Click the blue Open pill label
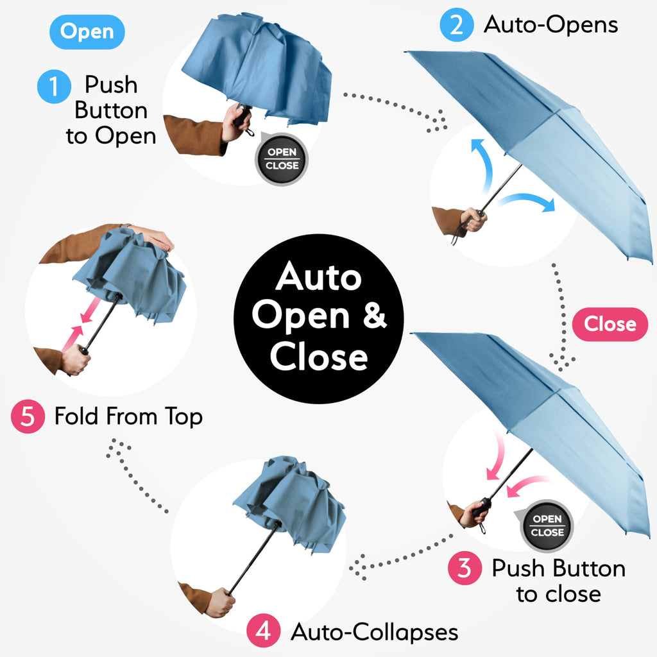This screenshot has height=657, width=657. [x=87, y=31]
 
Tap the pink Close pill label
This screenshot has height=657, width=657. [x=610, y=324]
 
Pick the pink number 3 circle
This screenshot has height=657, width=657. [x=465, y=568]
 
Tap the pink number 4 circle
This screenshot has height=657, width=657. [x=263, y=631]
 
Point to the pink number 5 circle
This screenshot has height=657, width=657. [x=28, y=416]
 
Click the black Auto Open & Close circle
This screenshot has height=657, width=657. [x=319, y=319]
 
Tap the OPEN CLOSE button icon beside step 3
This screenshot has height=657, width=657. [x=547, y=525]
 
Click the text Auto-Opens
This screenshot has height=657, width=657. [x=550, y=25]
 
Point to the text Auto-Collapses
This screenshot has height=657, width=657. [x=375, y=632]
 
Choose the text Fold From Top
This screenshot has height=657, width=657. [x=128, y=417]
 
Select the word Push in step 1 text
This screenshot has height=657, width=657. [x=110, y=85]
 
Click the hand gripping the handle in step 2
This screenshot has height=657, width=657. [x=474, y=219]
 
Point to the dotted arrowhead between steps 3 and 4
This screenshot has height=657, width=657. [x=356, y=568]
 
